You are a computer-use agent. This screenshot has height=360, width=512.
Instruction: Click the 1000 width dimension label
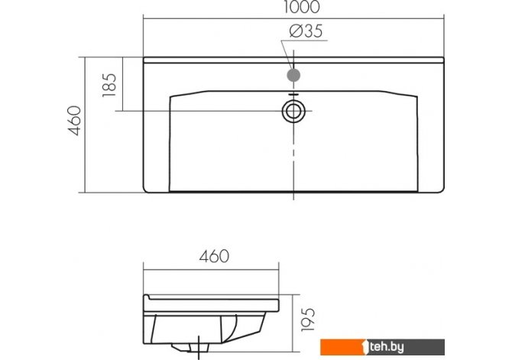301,7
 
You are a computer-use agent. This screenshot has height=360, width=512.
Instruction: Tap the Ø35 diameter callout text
306,31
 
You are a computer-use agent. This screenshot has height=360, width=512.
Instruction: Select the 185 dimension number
109,85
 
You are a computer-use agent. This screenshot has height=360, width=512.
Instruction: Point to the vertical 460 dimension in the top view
74,120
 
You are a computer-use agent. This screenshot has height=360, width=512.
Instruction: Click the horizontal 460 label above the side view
214,257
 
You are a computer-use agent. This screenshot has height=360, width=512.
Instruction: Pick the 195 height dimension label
308,319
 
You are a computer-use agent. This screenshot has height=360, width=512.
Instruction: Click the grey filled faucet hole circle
293,75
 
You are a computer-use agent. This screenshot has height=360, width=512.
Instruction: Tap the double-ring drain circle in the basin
293,111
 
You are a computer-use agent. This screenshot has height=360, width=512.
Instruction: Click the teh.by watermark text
387,347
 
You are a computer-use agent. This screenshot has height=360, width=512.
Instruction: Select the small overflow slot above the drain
293,95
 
